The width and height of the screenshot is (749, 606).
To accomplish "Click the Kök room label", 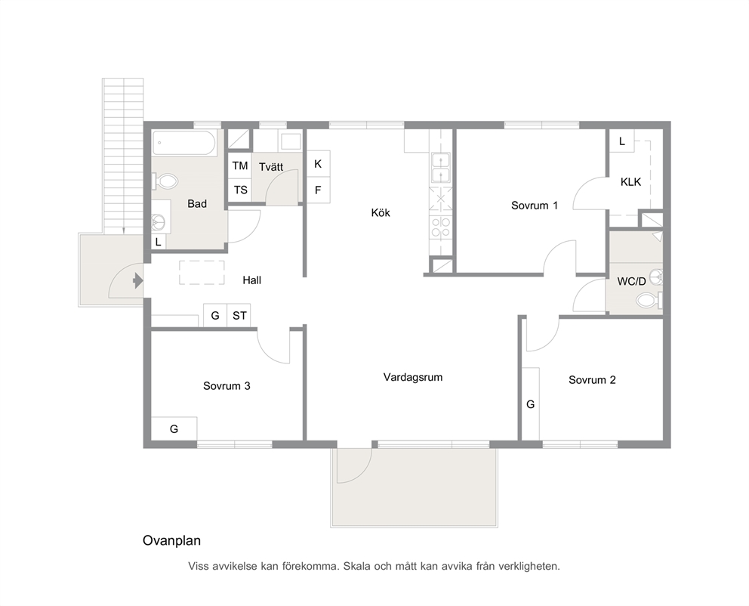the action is (381, 212).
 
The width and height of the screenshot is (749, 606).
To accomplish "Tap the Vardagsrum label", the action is (413, 377).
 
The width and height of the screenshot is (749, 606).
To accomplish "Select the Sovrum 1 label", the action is (535, 206).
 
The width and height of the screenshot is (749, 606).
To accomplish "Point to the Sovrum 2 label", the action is (592, 380).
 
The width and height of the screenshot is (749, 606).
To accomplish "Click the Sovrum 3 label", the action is (227, 385).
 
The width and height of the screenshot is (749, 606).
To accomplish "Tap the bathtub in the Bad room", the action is (184, 143).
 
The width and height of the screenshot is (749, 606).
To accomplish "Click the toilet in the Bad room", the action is (165, 181).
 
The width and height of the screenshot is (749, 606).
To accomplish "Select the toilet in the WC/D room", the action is (649, 301).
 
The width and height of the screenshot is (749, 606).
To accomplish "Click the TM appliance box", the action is (240, 165).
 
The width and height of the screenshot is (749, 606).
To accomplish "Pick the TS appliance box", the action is (240, 190).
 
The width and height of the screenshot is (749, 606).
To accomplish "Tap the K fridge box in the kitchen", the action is (318, 164).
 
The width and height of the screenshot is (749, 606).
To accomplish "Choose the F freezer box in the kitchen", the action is (318, 190).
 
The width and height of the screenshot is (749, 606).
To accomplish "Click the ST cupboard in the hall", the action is (239, 315).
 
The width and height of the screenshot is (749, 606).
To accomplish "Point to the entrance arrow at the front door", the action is (138, 280).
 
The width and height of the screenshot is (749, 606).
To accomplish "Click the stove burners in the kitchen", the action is (440, 227).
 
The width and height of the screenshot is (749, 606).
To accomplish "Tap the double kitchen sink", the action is (440, 168).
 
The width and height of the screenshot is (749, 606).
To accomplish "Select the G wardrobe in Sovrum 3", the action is (174, 428).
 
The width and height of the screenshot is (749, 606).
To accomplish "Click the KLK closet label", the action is (630, 182).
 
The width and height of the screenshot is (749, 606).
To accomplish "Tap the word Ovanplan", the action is (171, 540).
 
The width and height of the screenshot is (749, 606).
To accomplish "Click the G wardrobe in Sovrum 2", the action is (530, 403).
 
